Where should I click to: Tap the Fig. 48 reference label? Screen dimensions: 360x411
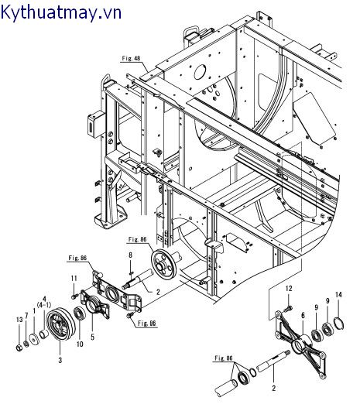[131, 58]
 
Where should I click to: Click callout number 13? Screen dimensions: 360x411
[19, 320]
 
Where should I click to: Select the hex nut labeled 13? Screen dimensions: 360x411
[19, 348]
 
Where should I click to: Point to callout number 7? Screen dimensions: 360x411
[26, 316]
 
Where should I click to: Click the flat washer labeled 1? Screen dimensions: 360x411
[34, 338]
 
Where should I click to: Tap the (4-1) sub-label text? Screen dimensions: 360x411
[44, 305]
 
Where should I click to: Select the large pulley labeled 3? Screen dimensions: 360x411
[60, 324]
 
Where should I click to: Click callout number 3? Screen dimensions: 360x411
[60, 360]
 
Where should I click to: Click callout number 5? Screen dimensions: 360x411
[92, 337]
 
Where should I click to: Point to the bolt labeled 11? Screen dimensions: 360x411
[74, 296]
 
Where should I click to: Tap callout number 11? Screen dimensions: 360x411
[74, 278]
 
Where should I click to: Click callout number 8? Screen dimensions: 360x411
[130, 255]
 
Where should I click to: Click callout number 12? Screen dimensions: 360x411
[289, 289]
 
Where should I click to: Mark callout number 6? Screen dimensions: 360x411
[303, 315]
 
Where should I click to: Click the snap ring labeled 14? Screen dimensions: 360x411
[339, 323]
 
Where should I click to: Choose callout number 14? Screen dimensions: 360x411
[338, 295]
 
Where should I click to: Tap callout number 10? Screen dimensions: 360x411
[80, 344]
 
